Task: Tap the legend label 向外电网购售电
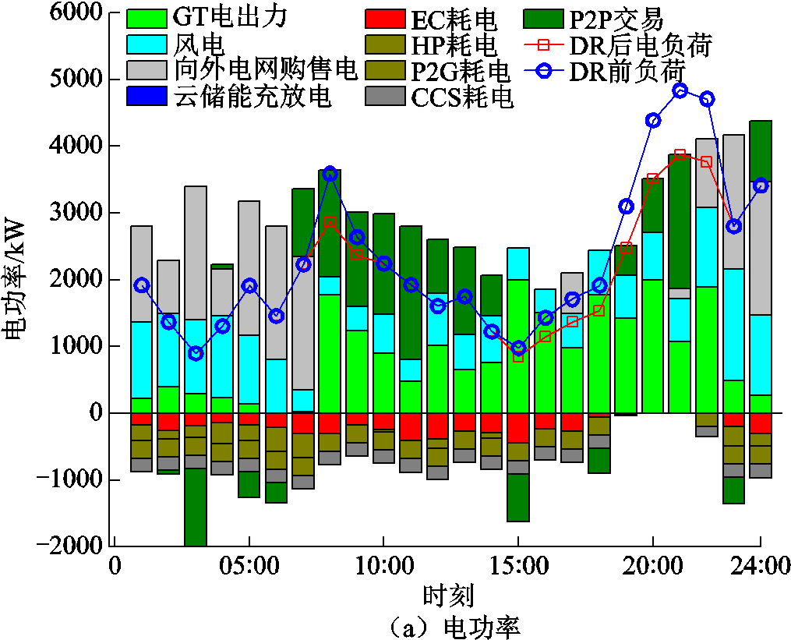(x=266, y=70)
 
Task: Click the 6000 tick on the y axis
(x=78, y=12)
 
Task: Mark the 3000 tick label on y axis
(x=78, y=213)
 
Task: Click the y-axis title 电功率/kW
(x=17, y=280)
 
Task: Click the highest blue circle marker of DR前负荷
(x=680, y=90)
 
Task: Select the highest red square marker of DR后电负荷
(x=680, y=154)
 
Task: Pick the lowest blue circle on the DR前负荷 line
(x=196, y=353)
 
